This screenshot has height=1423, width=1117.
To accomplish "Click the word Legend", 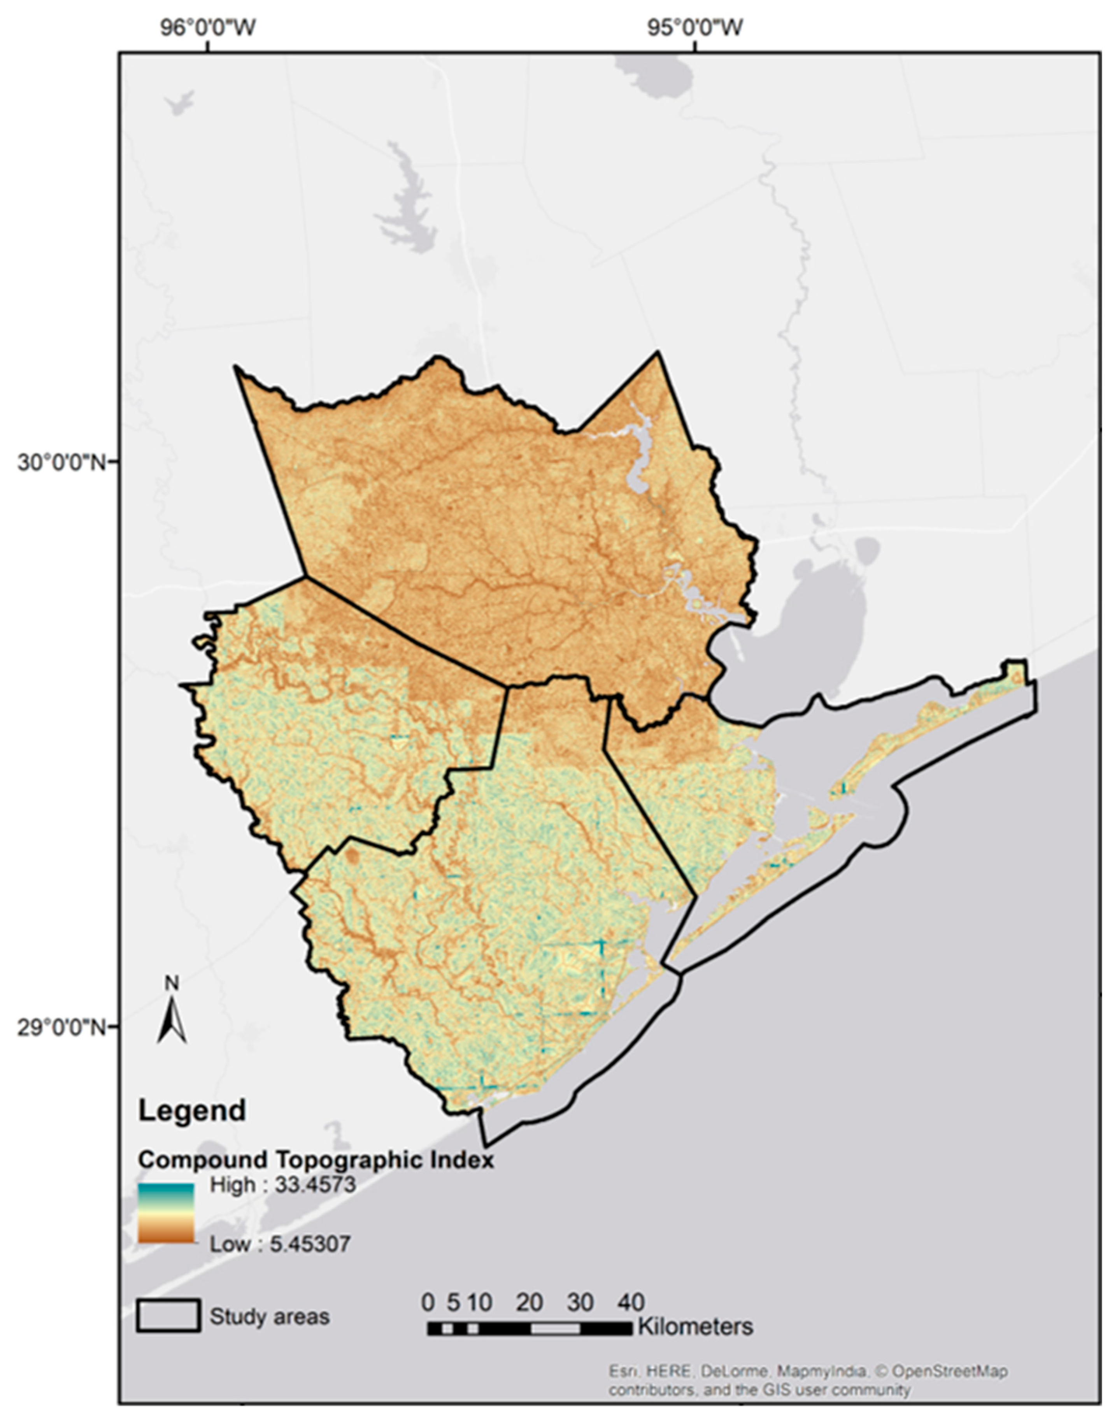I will [192, 1110].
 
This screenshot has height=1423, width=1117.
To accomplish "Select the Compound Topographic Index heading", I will [316, 1160].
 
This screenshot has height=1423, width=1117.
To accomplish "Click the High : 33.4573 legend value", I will [282, 1185].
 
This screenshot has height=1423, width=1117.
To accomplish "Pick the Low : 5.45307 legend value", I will [280, 1244].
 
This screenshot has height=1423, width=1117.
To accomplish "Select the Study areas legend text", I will [270, 1317].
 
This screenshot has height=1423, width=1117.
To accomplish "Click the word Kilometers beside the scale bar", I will [695, 1327].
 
